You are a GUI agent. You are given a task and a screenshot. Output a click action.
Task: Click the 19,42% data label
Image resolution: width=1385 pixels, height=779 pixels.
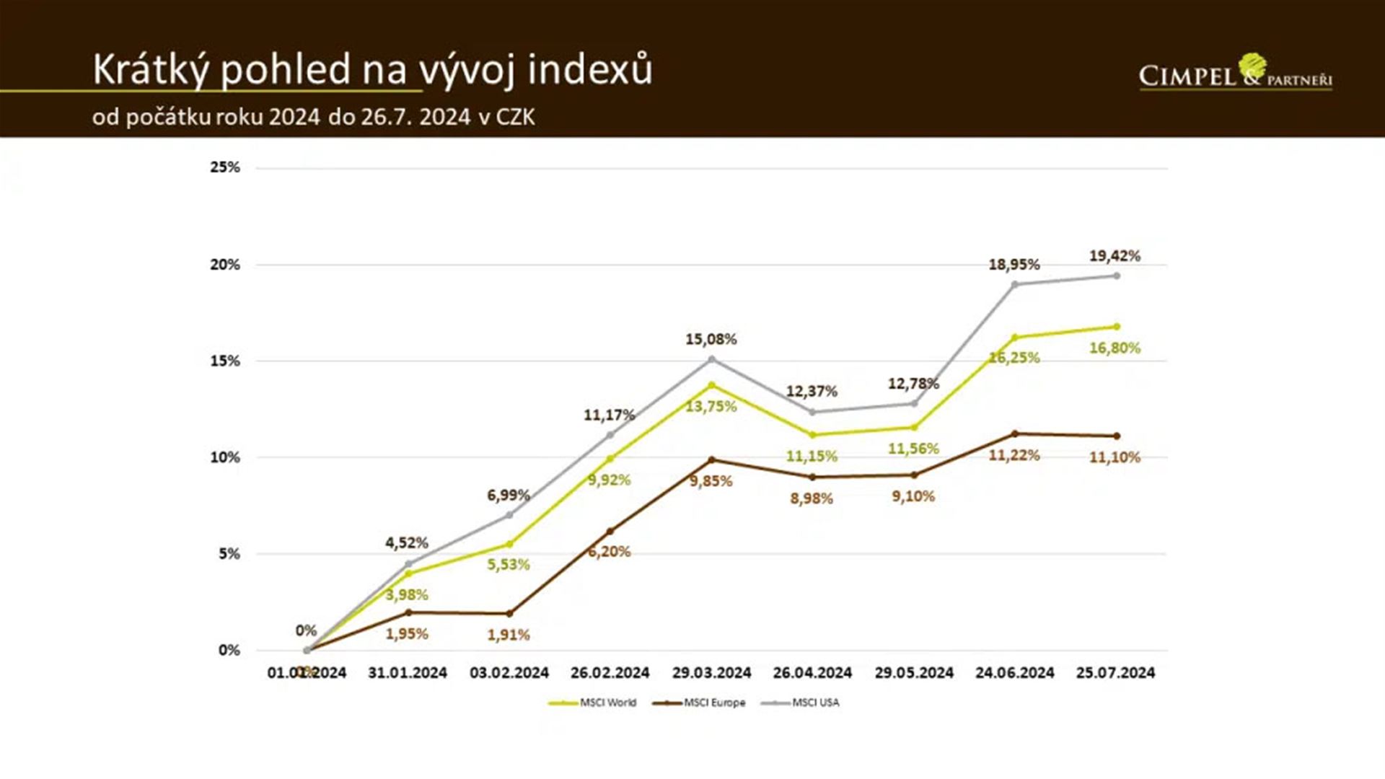click(x=1114, y=256)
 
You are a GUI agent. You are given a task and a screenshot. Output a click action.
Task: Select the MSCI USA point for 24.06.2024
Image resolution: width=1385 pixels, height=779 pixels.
click(x=1014, y=284)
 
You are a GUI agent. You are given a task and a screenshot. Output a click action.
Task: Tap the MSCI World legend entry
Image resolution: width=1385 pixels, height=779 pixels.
click(x=593, y=703)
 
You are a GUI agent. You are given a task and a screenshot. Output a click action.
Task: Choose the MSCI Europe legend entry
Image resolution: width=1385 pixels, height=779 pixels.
click(x=699, y=703)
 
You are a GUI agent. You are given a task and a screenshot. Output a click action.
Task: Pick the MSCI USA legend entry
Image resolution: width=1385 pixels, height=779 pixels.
click(x=801, y=703)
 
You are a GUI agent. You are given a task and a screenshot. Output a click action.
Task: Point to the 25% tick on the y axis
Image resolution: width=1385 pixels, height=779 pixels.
click(x=225, y=167)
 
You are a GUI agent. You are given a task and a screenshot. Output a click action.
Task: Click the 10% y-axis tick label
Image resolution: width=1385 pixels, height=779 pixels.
click(x=225, y=457)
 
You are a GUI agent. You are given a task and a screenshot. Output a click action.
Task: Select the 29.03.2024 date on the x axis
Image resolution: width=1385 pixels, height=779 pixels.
click(x=711, y=673)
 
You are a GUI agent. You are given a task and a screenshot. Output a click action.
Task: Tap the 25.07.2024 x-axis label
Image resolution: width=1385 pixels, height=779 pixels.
click(x=1115, y=673)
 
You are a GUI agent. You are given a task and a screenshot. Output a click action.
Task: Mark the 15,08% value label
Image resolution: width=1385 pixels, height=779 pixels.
click(x=711, y=339)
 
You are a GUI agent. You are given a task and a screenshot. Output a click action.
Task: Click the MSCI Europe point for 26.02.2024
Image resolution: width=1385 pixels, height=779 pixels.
click(x=610, y=532)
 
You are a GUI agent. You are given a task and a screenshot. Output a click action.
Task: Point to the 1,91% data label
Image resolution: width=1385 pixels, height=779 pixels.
click(x=508, y=635)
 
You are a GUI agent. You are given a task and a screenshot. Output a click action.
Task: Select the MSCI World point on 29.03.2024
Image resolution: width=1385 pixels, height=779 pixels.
click(x=712, y=385)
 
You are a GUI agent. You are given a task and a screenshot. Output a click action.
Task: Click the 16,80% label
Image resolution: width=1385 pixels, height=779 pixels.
click(x=1114, y=348)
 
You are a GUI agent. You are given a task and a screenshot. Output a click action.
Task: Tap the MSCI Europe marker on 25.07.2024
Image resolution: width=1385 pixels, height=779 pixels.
click(x=1117, y=436)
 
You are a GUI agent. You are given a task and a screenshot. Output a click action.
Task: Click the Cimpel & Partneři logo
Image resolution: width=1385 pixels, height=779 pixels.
click(x=1235, y=73)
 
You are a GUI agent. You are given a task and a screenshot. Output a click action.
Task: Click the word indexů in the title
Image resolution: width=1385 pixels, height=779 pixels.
click(x=589, y=70)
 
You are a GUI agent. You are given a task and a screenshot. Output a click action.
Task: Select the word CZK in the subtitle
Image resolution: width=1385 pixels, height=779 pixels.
click(x=515, y=117)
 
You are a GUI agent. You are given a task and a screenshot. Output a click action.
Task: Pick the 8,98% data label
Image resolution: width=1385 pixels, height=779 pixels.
click(x=812, y=498)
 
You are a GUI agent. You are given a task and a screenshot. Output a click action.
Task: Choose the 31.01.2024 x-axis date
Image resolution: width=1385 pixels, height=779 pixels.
click(x=408, y=673)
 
